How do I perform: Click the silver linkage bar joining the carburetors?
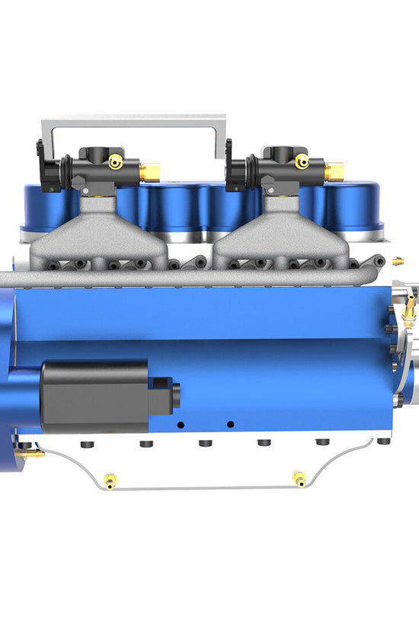pyautogui.click(x=133, y=122)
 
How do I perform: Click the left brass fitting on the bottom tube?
pyautogui.click(x=111, y=480)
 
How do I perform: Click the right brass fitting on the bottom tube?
pyautogui.click(x=299, y=480)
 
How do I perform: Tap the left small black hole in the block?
pyautogui.click(x=181, y=424)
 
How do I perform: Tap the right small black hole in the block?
pyautogui.click(x=230, y=424)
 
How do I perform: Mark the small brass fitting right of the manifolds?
pyautogui.click(x=397, y=261)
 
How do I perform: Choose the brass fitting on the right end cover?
pyautogui.click(x=410, y=308)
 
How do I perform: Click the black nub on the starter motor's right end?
pyautogui.click(x=175, y=396)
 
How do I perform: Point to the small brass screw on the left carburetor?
pyautogui.click(x=115, y=162)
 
